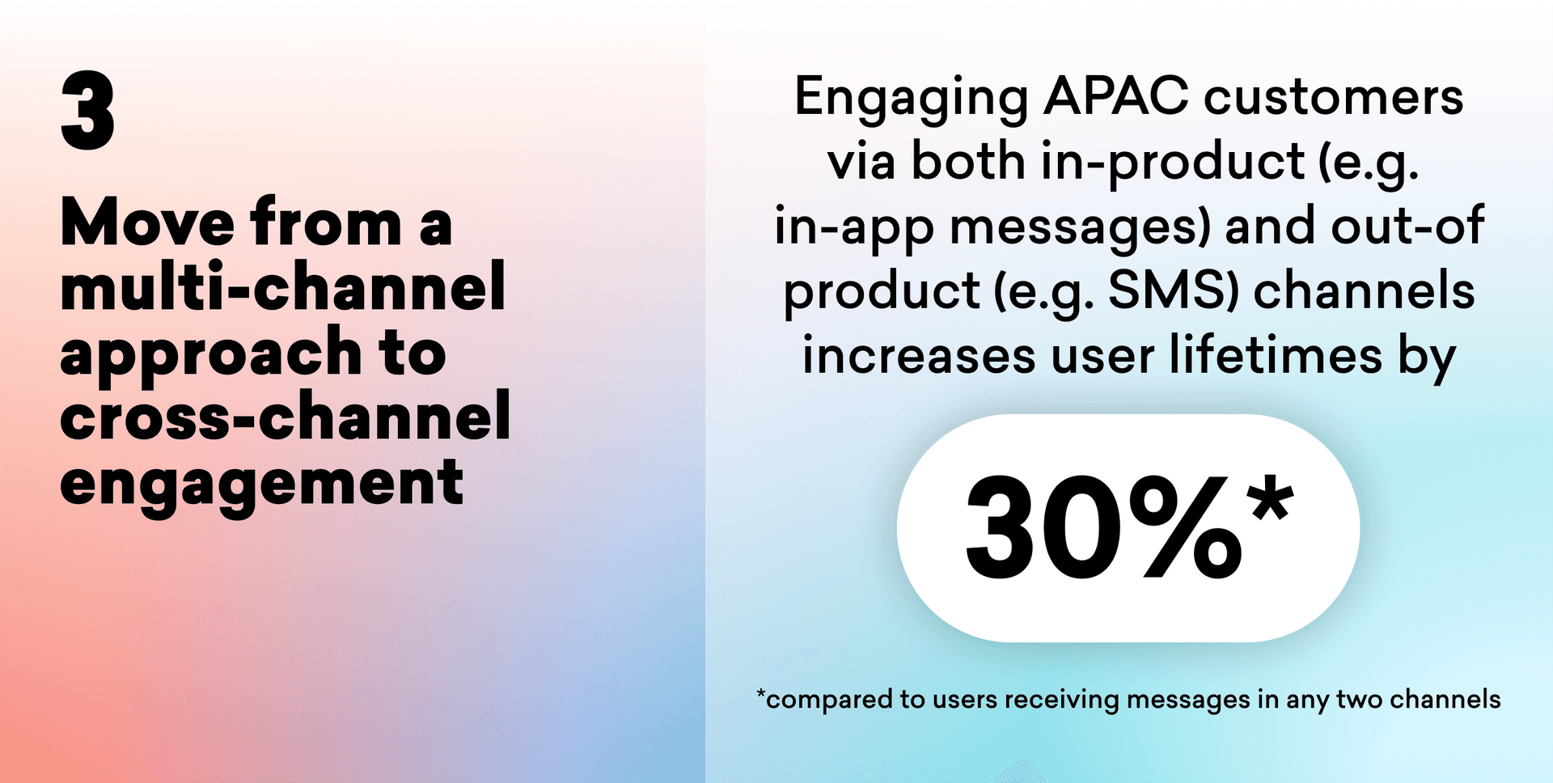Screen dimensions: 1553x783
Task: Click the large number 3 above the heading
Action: click(87, 110)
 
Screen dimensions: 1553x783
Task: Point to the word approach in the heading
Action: click(211, 354)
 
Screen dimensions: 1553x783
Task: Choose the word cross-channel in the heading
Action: click(286, 416)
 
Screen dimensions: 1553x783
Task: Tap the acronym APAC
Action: click(1116, 96)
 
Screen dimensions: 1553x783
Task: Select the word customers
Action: click(1334, 98)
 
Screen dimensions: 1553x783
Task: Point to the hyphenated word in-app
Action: click(854, 229)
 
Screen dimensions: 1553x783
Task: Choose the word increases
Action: click(919, 356)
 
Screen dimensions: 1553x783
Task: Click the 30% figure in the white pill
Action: click(1104, 527)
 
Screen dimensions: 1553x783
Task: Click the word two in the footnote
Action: click(1359, 699)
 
